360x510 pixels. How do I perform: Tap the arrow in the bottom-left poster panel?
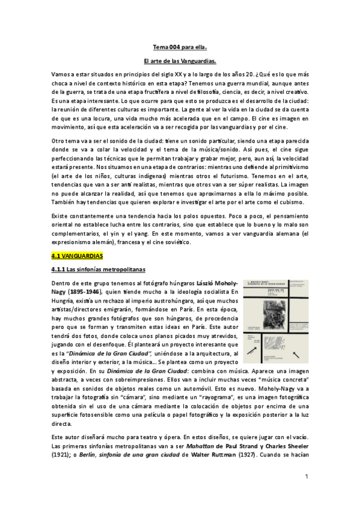pos(260,347)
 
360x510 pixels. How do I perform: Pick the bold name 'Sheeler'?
pos(294,446)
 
